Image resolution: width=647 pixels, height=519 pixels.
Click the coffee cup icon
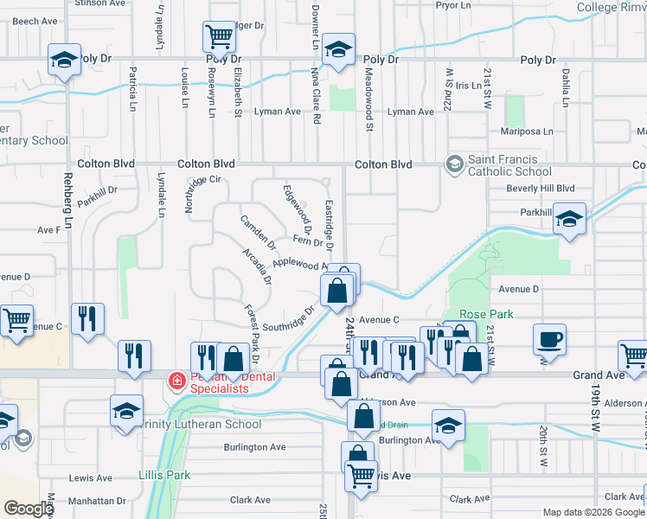click(x=549, y=339)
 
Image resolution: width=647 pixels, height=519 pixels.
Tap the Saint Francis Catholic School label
click(x=509, y=165)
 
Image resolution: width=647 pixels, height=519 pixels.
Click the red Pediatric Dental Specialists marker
click(x=176, y=380)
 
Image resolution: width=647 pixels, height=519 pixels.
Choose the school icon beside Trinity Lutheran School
click(x=127, y=410)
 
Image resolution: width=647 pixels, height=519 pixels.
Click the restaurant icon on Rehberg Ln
click(x=88, y=318)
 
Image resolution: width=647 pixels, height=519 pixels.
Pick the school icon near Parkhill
click(x=570, y=219)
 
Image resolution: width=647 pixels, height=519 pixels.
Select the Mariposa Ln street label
click(x=527, y=131)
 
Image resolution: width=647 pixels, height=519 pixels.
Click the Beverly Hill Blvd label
click(x=541, y=188)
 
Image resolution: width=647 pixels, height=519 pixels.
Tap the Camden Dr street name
click(x=258, y=231)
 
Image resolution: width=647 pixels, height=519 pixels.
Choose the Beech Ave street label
click(x=35, y=21)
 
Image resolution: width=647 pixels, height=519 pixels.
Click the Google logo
click(x=28, y=509)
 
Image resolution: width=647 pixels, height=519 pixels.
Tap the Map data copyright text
click(x=594, y=512)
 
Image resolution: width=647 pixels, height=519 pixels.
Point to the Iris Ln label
click(x=468, y=86)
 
